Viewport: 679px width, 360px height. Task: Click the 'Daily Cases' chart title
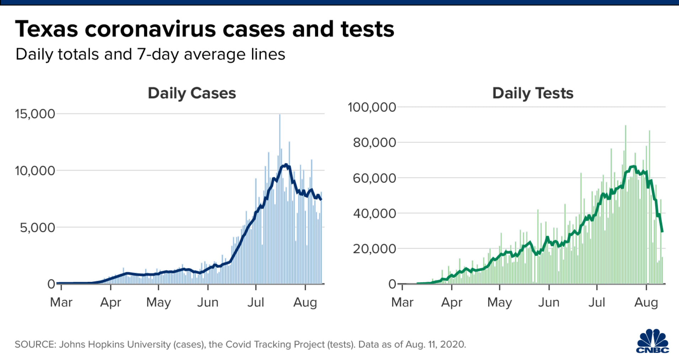click(192, 93)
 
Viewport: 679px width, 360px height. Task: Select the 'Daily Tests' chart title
click(533, 93)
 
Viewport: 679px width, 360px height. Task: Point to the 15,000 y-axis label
click(35, 114)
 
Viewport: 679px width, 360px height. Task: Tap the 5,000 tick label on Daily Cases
click(37, 227)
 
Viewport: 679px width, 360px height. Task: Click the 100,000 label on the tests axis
click(371, 107)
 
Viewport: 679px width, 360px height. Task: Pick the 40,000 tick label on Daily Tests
click(374, 213)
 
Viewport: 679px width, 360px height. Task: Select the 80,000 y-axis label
click(374, 142)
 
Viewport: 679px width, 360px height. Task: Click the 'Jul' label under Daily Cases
click(256, 302)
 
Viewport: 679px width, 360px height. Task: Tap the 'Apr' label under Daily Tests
click(451, 302)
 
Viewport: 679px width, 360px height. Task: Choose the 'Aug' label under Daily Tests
click(646, 302)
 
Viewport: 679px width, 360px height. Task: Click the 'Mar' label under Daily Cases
click(61, 302)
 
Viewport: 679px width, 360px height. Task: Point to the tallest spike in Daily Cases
click(280, 116)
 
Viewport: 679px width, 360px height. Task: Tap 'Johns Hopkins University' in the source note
click(115, 344)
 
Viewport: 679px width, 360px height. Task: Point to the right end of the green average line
click(662, 231)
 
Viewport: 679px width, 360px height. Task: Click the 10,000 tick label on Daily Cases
click(35, 171)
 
